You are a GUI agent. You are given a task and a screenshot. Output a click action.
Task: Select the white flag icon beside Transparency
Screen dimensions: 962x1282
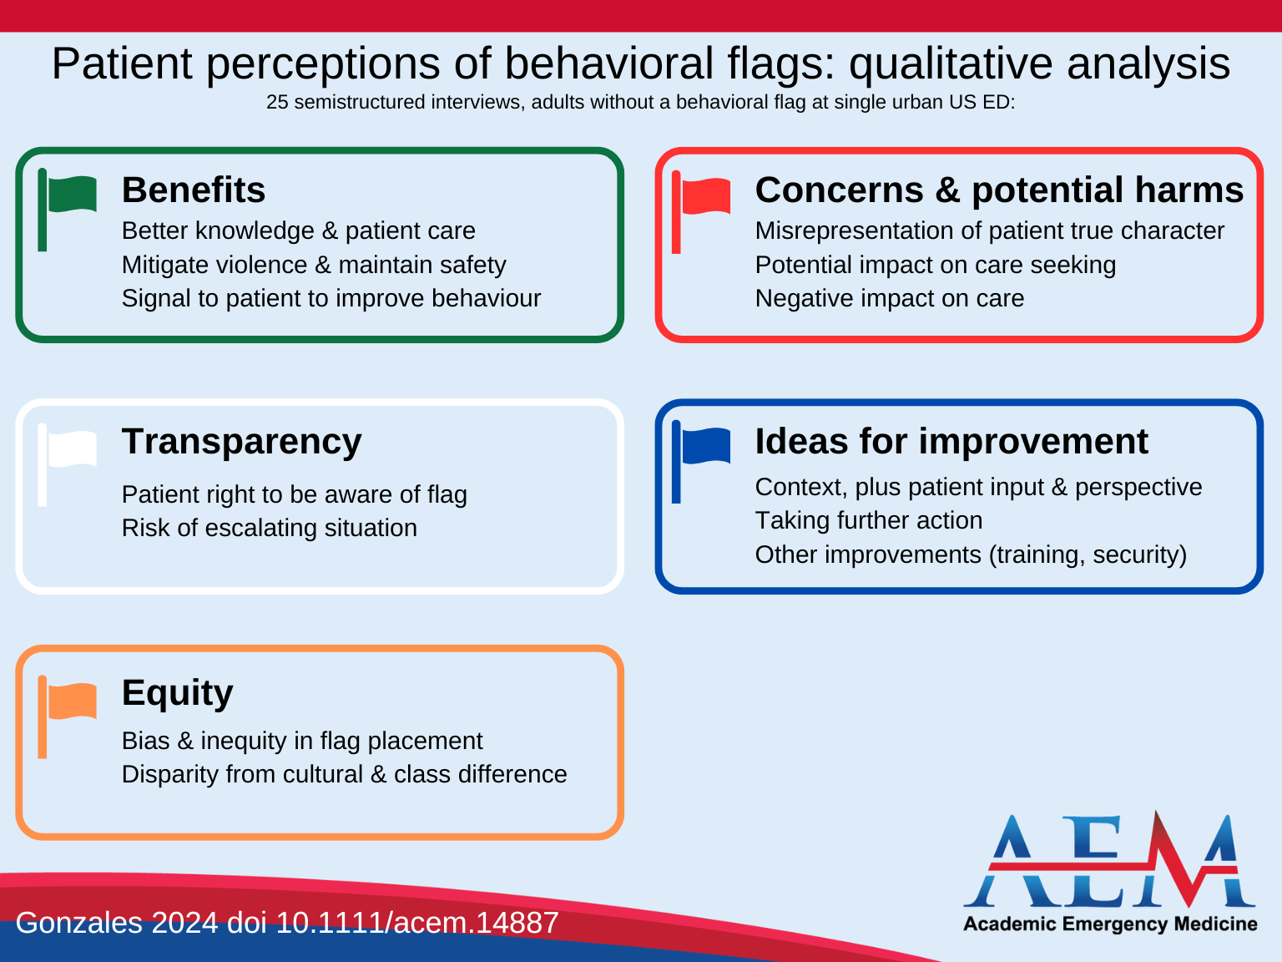tap(68, 452)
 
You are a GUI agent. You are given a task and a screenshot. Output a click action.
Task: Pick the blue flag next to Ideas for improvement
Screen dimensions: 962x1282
tap(702, 449)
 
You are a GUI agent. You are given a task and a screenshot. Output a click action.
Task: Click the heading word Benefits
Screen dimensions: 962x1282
tap(194, 190)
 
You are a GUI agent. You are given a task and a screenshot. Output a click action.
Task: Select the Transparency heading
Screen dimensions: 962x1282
tap(241, 442)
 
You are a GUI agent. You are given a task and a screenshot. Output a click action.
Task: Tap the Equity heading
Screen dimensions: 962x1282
tap(177, 693)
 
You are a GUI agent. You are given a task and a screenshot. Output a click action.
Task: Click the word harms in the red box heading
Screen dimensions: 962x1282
tap(1189, 190)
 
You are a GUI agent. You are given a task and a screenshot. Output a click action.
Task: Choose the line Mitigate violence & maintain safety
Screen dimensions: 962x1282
tap(314, 265)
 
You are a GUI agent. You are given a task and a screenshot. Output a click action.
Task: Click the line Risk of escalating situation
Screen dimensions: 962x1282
tap(269, 528)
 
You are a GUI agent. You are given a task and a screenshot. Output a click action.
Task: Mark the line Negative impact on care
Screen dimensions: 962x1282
tap(889, 298)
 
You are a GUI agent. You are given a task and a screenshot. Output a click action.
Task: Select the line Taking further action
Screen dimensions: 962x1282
tap(868, 520)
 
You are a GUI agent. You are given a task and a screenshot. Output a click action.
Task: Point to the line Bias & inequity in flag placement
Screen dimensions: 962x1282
tap(302, 741)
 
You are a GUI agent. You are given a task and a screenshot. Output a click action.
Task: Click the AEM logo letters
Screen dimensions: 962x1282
tap(1110, 862)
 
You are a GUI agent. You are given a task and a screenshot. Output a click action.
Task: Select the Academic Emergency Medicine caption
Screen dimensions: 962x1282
tap(1110, 924)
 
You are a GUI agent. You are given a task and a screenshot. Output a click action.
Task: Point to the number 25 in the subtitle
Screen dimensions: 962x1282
tap(277, 102)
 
